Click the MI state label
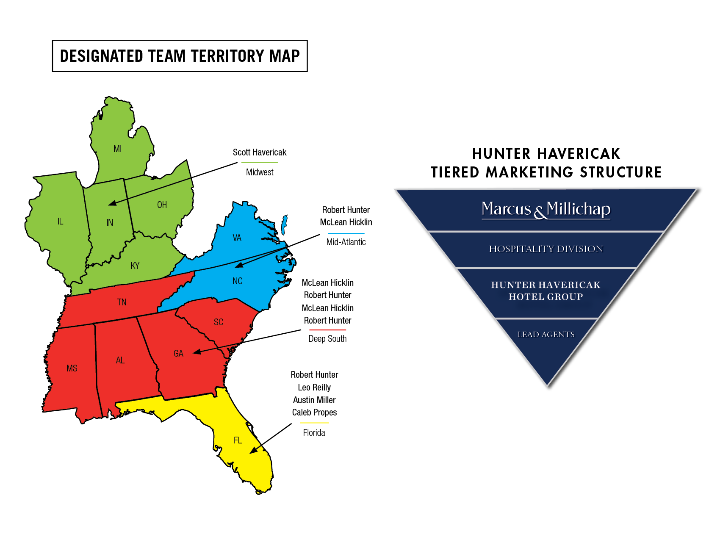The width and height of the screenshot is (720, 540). [118, 149]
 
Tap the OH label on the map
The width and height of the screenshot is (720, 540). [162, 205]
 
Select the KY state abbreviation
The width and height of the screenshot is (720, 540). [135, 266]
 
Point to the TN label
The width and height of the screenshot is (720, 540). [122, 302]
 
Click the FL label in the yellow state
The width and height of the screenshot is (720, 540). [238, 440]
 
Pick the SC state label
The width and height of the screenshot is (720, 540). [219, 322]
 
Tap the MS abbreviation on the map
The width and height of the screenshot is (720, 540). [72, 368]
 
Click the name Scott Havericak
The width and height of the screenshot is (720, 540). [260, 152]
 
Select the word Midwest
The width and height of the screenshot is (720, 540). [260, 172]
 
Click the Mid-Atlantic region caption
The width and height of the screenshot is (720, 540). [346, 242]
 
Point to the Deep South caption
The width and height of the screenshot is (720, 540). [327, 339]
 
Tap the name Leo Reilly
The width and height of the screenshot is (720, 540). [314, 388]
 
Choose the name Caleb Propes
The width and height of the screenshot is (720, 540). [314, 413]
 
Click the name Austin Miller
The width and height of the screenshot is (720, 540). [314, 400]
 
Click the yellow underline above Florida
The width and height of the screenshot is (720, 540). [314, 423]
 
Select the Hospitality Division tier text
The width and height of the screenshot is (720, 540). [546, 249]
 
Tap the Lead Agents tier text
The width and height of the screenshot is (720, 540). [546, 335]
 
